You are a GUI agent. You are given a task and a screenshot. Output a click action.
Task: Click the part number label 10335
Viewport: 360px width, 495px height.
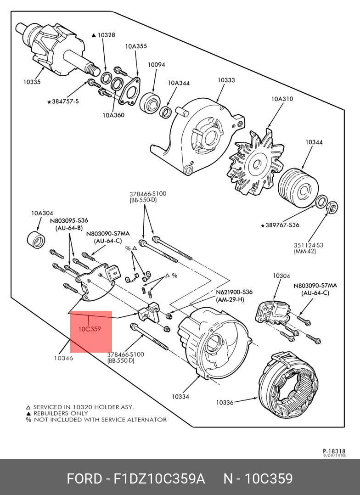[32, 82]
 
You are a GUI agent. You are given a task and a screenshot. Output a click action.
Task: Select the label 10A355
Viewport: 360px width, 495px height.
[136, 46]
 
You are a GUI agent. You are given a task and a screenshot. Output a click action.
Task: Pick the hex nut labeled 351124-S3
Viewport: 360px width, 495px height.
[332, 208]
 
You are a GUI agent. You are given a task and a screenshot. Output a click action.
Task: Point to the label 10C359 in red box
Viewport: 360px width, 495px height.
[89, 329]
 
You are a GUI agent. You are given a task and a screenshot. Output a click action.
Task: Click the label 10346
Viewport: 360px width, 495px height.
[63, 358]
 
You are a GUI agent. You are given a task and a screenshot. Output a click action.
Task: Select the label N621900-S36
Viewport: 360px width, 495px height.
[234, 292]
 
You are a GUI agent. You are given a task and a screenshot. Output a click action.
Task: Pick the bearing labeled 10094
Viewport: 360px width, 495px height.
[149, 102]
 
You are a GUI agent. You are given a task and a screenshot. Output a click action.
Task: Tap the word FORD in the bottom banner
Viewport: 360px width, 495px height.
[84, 479]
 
